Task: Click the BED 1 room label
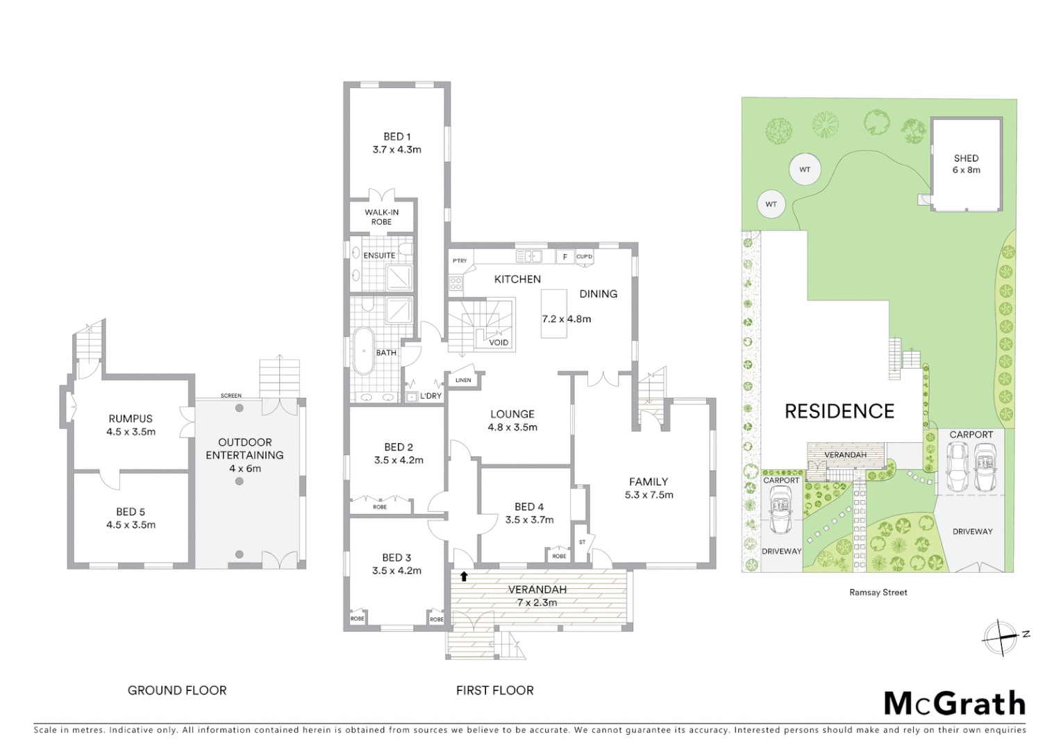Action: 396,137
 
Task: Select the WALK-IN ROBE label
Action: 381,217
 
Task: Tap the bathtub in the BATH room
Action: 363,351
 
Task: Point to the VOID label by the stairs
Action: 499,342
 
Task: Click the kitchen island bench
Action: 553,314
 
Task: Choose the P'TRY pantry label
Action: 460,261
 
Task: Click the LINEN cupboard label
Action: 463,380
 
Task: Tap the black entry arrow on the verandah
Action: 464,576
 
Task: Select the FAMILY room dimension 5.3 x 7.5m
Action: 649,495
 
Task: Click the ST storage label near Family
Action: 582,542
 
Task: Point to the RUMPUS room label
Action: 131,419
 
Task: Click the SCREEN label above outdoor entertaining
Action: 231,396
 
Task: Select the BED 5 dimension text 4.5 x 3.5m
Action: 131,525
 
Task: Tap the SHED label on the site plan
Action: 966,158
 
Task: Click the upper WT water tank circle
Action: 805,169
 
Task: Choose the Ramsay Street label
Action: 878,592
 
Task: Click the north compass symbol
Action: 1001,637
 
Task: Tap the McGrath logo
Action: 954,703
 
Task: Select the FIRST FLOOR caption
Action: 494,690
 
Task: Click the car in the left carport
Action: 781,511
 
